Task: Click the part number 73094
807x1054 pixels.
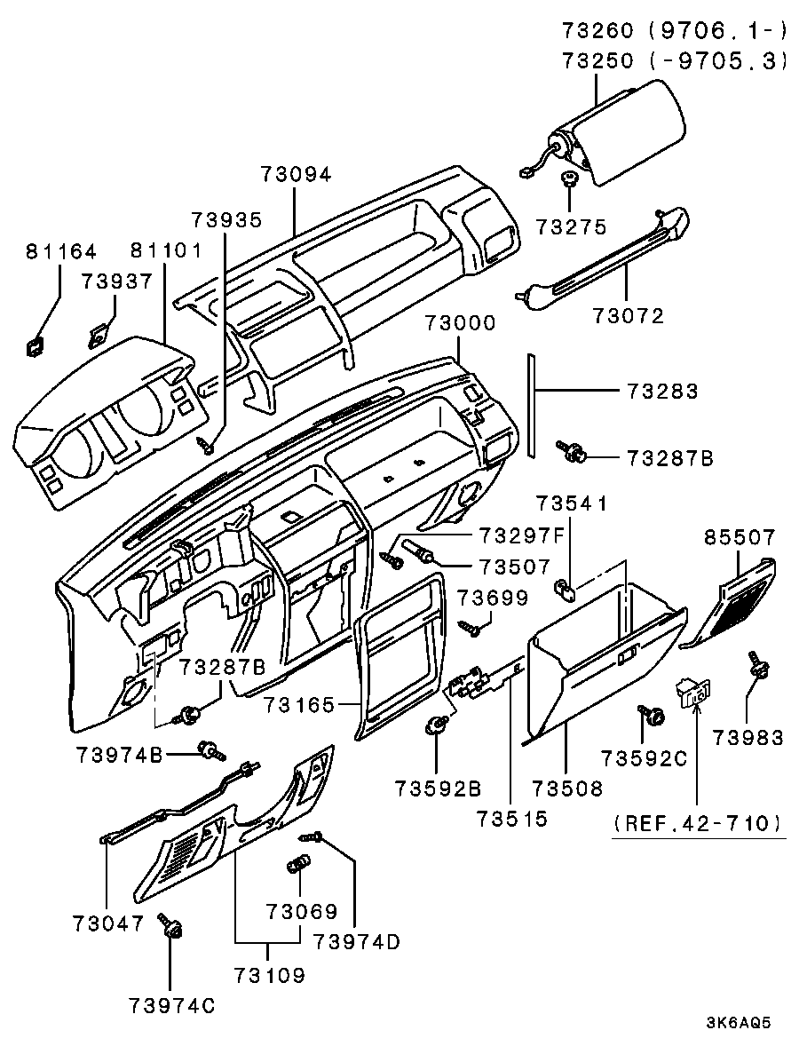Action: [x=296, y=175]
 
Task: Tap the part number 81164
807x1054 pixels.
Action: [x=59, y=253]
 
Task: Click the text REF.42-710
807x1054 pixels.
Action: [x=698, y=824]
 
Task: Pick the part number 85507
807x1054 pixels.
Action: [x=740, y=537]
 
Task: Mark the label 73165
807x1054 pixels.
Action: [x=298, y=706]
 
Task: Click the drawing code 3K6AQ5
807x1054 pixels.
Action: [x=739, y=1022]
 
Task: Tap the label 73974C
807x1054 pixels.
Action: [x=171, y=1005]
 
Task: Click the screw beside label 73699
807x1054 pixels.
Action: [x=471, y=628]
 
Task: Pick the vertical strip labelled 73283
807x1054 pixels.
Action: [x=531, y=404]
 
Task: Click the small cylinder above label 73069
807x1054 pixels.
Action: [x=299, y=864]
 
